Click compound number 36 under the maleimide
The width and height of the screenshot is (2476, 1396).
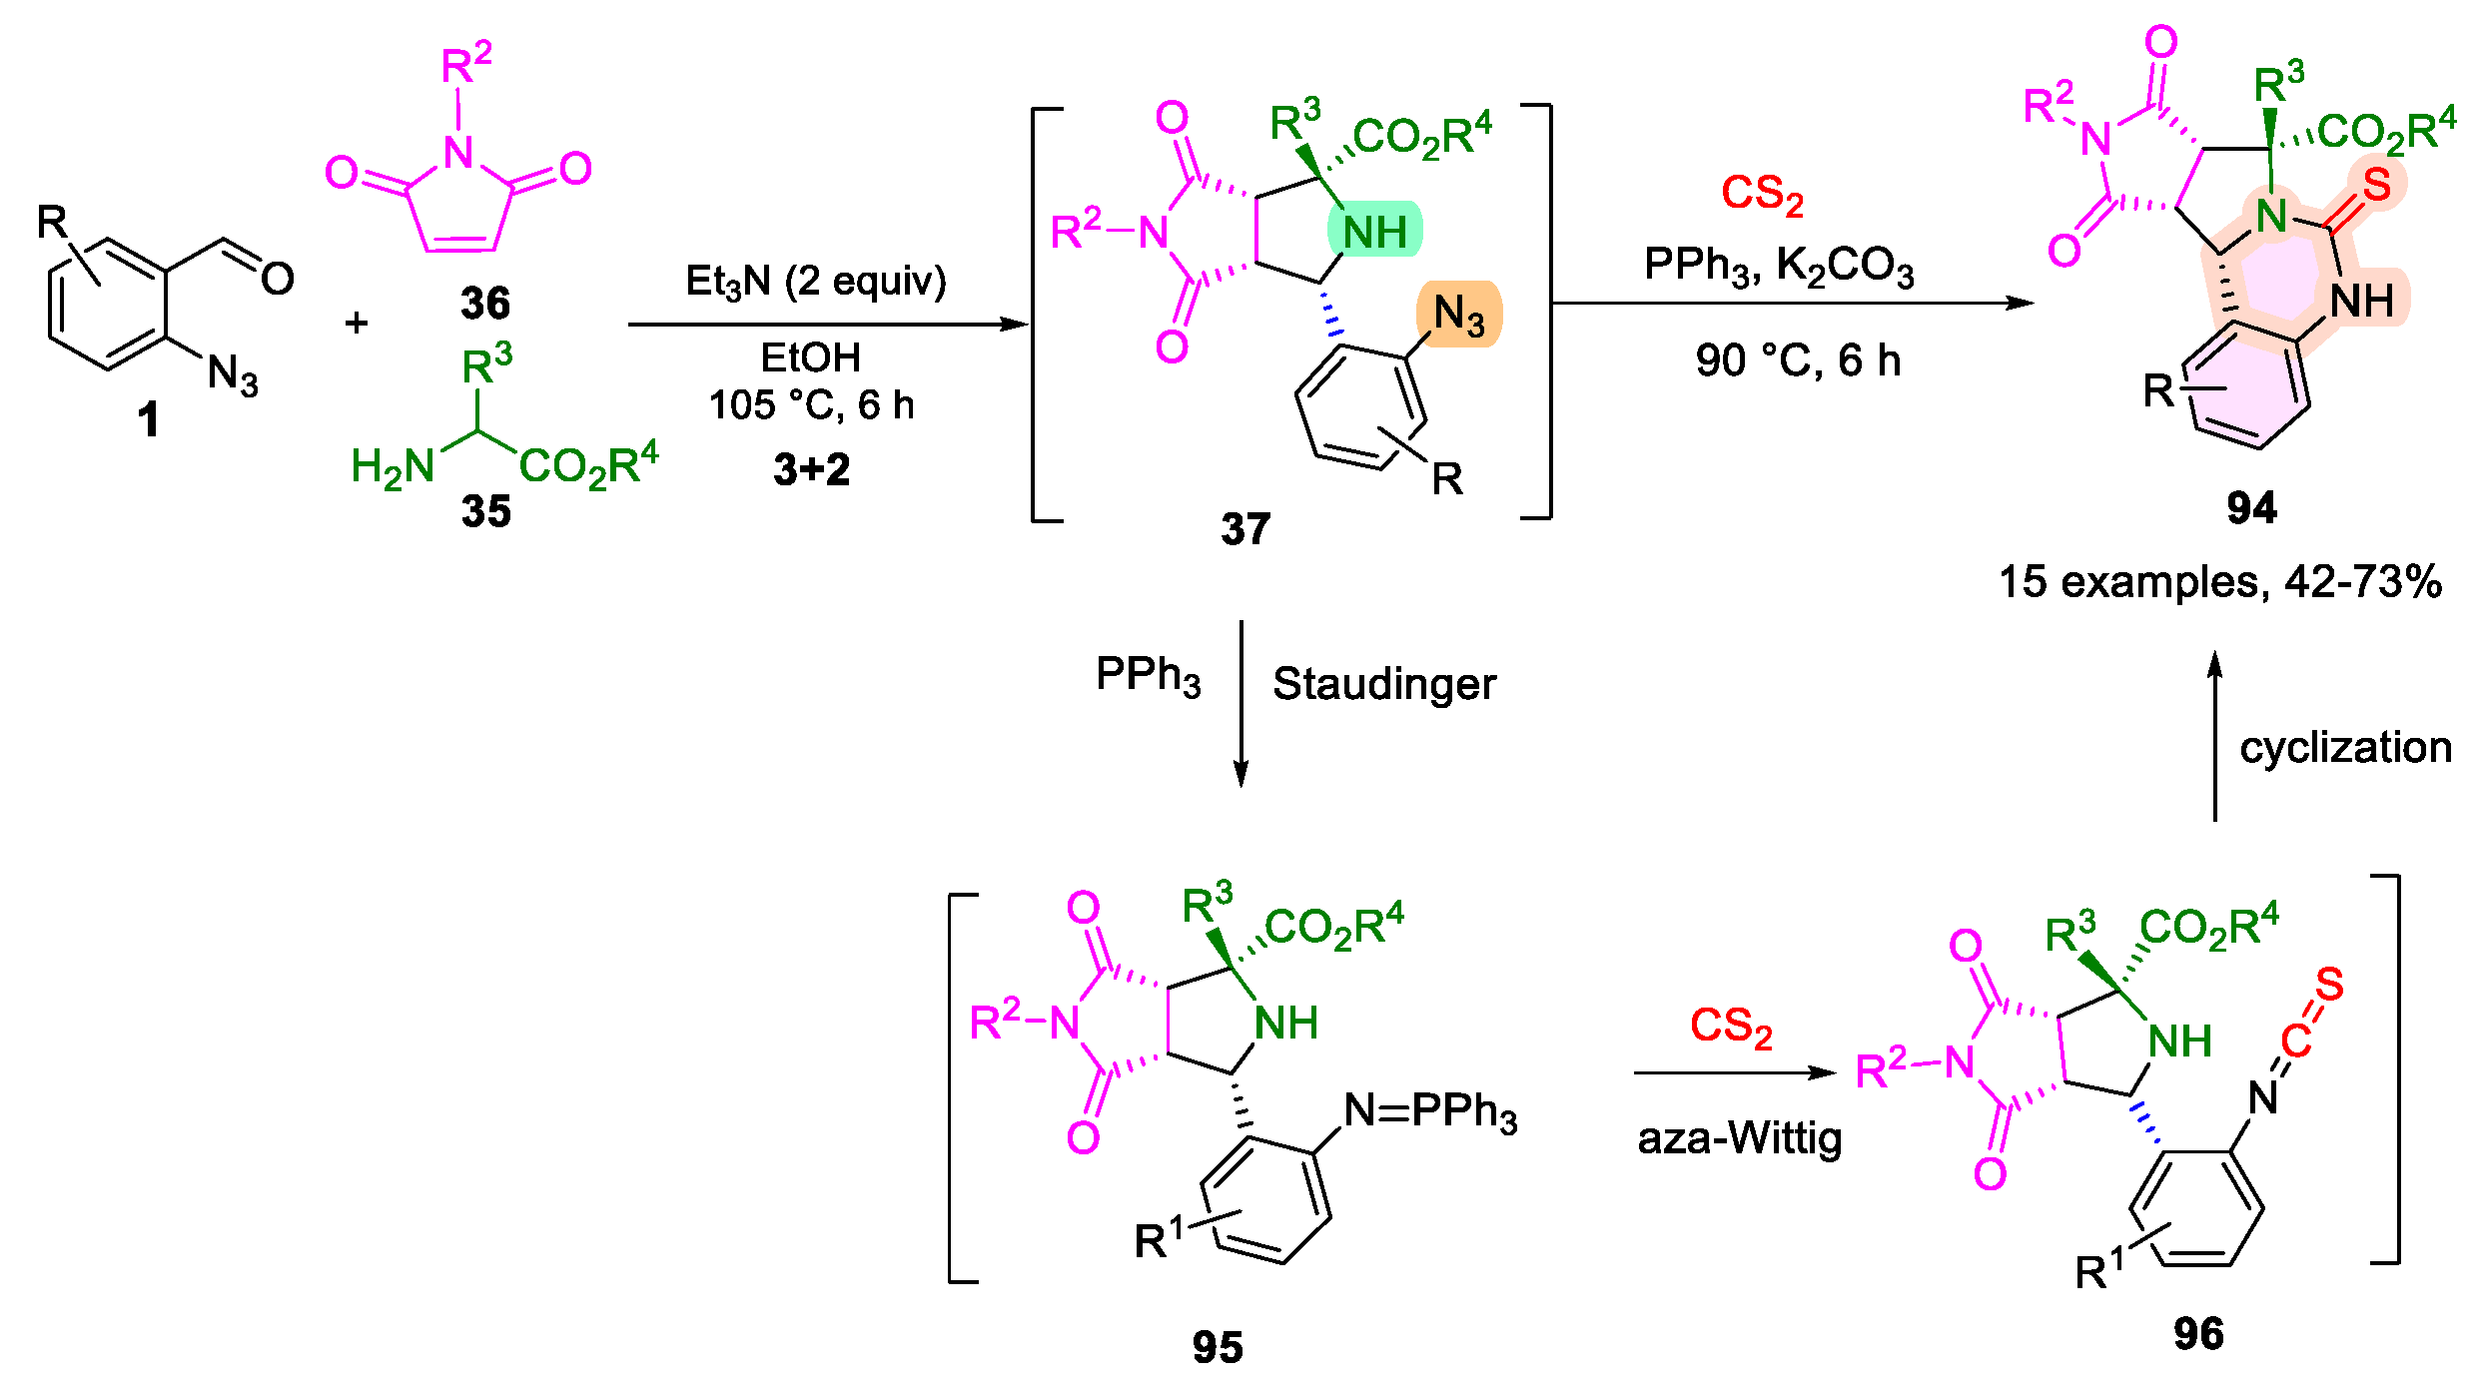tap(485, 303)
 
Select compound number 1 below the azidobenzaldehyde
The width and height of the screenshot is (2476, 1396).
tap(149, 419)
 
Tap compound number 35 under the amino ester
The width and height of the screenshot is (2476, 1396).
tap(486, 511)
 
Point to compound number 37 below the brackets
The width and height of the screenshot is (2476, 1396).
tap(1245, 528)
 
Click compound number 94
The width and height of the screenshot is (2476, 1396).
tap(2251, 508)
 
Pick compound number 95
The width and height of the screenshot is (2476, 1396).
tap(1218, 1347)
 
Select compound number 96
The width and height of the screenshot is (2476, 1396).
tap(2198, 1333)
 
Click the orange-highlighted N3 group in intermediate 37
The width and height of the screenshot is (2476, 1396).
tap(1458, 315)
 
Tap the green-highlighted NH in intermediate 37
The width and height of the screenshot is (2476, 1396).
tap(1374, 233)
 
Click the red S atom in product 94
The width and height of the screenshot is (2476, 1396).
tap(2376, 185)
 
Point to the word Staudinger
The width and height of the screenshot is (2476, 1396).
tap(1384, 685)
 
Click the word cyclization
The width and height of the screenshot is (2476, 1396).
tap(2345, 748)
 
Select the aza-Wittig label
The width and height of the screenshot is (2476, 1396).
tap(1739, 1139)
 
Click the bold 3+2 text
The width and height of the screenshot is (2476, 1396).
tap(811, 469)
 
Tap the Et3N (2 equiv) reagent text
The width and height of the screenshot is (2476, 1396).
tap(815, 282)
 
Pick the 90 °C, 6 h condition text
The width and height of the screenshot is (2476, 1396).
tap(1797, 360)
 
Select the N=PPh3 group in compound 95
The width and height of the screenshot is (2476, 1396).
tap(1430, 1111)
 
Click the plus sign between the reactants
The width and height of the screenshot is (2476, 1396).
tap(357, 324)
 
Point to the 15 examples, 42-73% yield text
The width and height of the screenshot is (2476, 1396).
tap(2220, 582)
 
